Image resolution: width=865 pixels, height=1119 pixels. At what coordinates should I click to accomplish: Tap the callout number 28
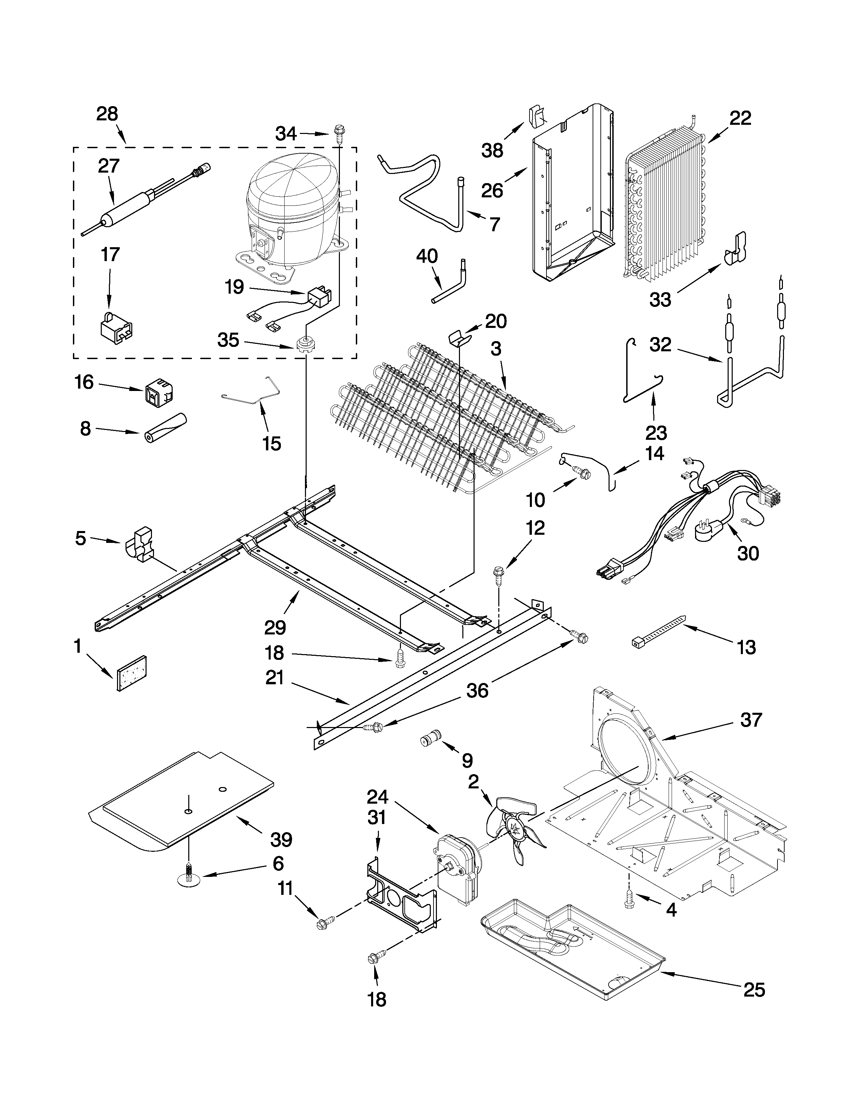tap(107, 114)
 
